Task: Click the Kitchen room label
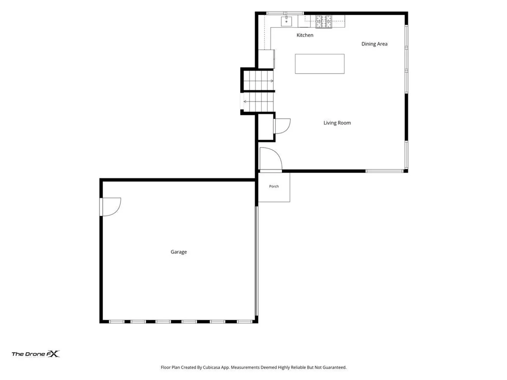tap(305, 35)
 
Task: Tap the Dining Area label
tap(374, 44)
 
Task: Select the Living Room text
tap(337, 123)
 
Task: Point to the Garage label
tap(179, 252)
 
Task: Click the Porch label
tap(274, 186)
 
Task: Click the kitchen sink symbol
tap(286, 21)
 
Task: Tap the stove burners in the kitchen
tap(324, 22)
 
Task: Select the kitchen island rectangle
tap(319, 64)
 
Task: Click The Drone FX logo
tap(36, 354)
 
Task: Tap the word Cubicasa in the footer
tap(211, 367)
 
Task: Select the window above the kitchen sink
tap(285, 13)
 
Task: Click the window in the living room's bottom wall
tap(384, 171)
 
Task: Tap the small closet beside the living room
tap(265, 127)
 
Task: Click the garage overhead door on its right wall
tap(256, 261)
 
